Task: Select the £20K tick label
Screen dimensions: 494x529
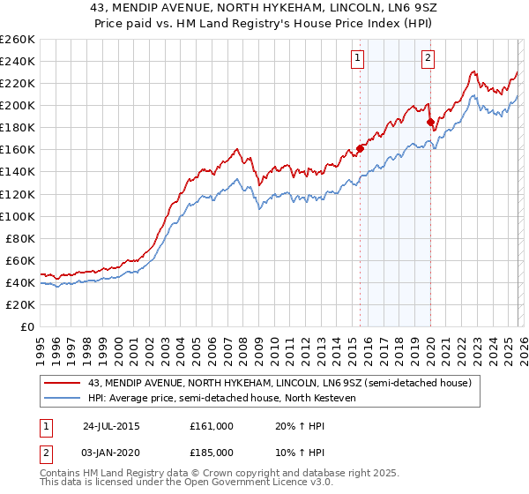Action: coord(21,304)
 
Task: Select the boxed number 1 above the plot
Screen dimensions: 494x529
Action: coord(358,59)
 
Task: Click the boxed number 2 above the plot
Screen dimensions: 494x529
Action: coord(428,59)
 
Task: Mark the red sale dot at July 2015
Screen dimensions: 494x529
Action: coord(361,148)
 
